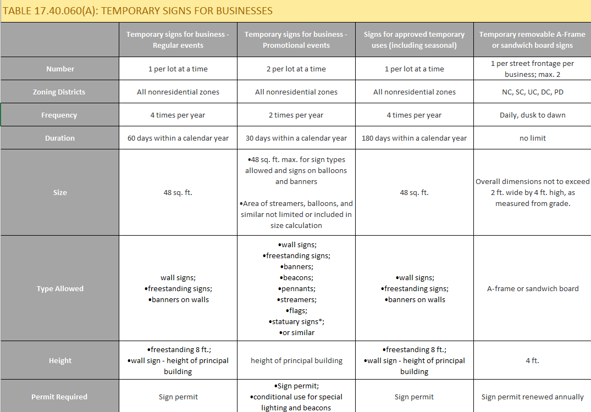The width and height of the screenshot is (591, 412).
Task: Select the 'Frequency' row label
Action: click(59, 115)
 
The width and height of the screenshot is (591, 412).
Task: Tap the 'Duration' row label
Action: click(59, 138)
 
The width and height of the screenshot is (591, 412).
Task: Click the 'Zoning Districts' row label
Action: click(59, 92)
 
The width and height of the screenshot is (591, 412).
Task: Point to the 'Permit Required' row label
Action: click(59, 397)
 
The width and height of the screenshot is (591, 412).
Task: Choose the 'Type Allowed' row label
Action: click(59, 288)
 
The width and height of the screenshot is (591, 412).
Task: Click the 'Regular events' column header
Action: click(178, 40)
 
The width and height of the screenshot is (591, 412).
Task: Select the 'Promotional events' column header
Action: click(296, 40)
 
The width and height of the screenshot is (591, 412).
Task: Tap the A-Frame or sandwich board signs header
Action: click(532, 40)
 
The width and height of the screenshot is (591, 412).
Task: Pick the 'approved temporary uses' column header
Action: click(414, 40)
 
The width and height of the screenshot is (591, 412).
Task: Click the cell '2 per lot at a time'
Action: click(296, 69)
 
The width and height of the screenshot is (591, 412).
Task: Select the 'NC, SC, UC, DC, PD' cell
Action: click(532, 92)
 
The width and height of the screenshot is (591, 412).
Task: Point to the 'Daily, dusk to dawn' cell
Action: click(532, 115)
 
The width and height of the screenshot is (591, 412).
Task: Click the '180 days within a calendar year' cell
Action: click(414, 138)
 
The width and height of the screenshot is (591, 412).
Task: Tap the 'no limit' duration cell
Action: click(532, 138)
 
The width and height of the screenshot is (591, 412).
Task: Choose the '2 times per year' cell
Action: click(296, 115)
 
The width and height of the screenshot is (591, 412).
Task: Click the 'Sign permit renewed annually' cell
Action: click(532, 397)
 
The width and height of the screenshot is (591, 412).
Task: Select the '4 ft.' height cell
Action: click(532, 361)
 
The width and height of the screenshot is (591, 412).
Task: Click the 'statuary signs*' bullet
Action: click(296, 322)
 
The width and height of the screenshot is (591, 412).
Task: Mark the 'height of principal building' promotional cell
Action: click(296, 361)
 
